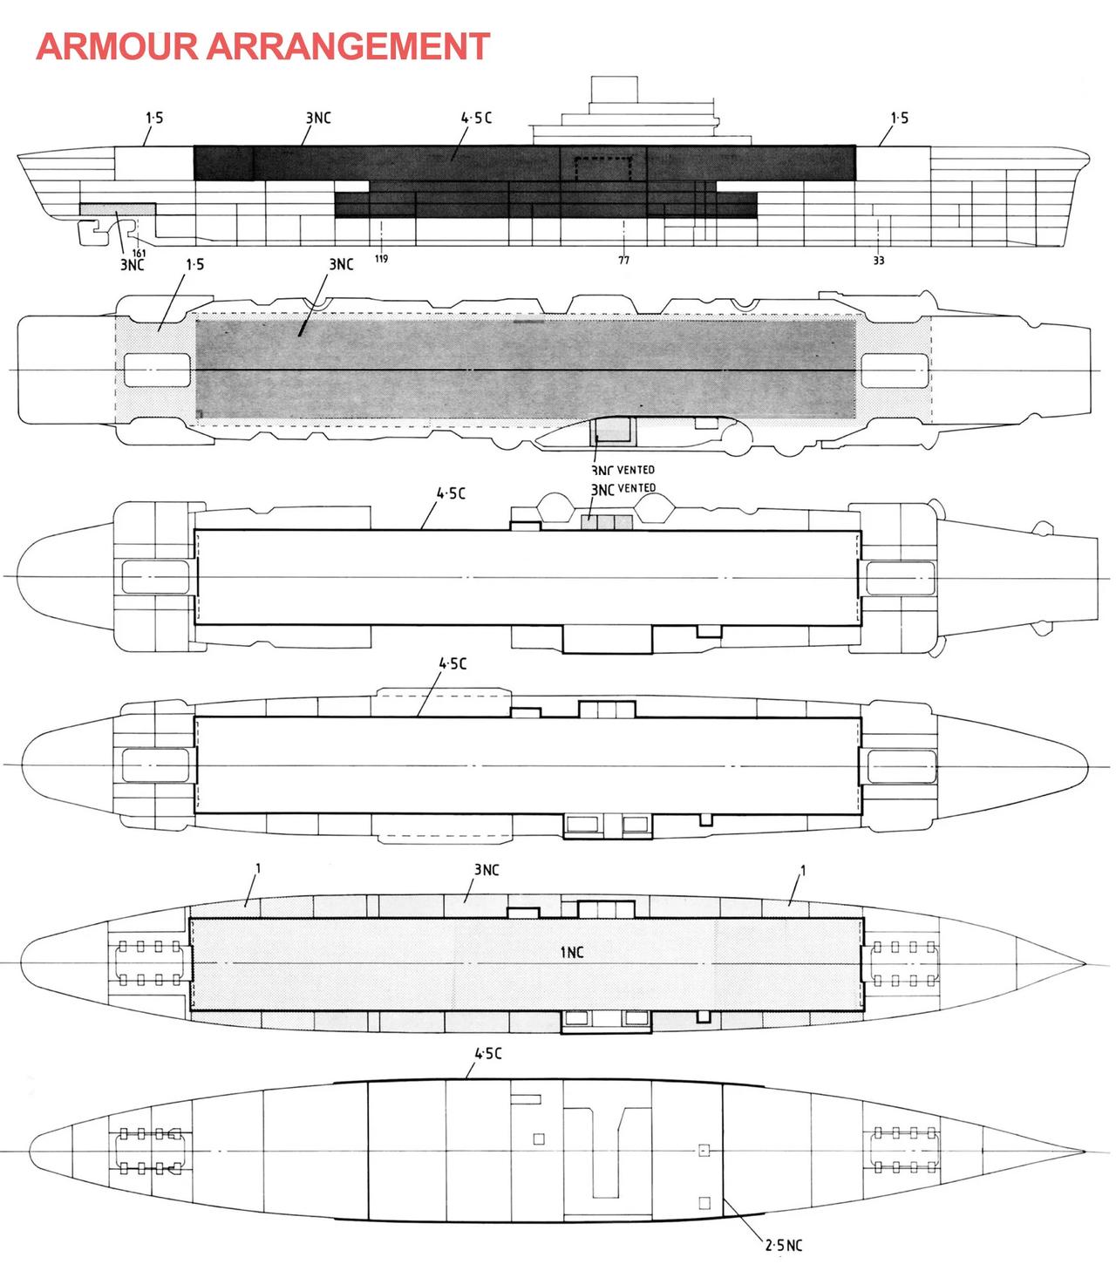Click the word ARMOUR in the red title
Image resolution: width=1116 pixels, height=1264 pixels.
click(119, 46)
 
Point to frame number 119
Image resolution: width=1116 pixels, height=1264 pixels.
click(381, 259)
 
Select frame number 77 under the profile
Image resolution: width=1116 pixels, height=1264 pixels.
click(623, 259)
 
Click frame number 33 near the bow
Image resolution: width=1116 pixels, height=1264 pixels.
click(879, 260)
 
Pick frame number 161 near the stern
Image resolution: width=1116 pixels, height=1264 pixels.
click(139, 253)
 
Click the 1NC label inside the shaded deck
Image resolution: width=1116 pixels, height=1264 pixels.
click(571, 952)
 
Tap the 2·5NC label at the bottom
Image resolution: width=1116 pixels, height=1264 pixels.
click(783, 1246)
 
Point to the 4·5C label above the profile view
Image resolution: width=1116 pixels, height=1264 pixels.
click(476, 118)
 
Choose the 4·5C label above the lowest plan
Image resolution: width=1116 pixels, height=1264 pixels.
click(487, 1053)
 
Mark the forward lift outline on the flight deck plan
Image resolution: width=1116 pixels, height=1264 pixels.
click(894, 370)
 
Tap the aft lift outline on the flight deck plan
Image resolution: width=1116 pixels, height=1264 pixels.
click(157, 370)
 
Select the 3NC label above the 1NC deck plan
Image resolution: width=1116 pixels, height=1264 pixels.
click(487, 870)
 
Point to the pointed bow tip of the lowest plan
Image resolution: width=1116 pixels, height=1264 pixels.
click(1085, 1151)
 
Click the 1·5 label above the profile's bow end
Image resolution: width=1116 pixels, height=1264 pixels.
click(899, 118)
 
